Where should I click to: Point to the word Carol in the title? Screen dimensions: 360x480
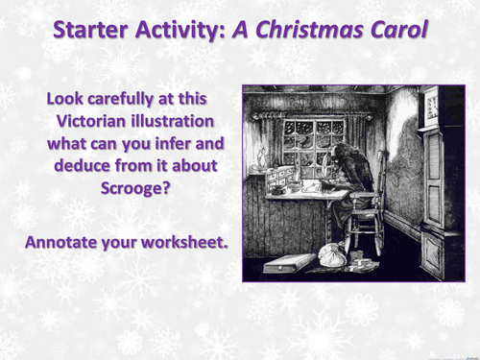[x=395, y=31]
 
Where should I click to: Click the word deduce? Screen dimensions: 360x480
[x=79, y=167]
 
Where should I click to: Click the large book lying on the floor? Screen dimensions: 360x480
[x=285, y=262]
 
